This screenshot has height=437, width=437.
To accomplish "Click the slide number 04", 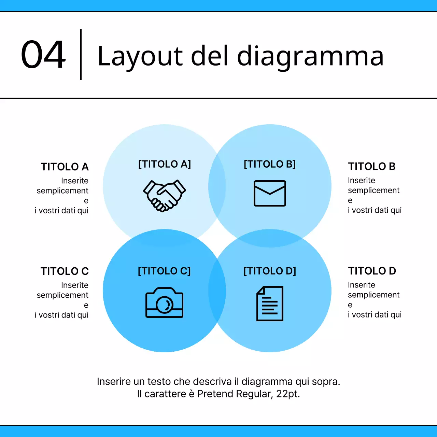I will (43, 55).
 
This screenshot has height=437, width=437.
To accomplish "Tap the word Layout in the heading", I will (140, 56).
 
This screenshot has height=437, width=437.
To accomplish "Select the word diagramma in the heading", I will (310, 56).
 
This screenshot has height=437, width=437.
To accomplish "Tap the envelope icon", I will (270, 193).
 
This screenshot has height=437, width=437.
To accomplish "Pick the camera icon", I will (164, 302).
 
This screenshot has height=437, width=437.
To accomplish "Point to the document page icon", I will (270, 304).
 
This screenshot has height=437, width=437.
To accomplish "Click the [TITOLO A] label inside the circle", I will (164, 164).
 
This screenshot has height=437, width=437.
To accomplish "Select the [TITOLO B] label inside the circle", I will (270, 164).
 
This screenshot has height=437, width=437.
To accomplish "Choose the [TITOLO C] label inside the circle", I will (164, 271).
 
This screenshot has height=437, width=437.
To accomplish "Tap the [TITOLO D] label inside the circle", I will (270, 271).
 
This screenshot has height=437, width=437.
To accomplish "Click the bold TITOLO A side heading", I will (65, 167).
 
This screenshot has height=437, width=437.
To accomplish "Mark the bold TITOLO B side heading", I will (372, 167).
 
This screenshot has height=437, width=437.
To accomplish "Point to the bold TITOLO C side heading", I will (65, 271).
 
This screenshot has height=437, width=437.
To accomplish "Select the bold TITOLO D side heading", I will (372, 271).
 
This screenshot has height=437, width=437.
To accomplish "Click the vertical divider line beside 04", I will (81, 55).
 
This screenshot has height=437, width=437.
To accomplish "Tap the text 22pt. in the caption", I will (288, 394).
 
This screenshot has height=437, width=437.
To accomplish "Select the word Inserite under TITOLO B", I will (362, 180).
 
